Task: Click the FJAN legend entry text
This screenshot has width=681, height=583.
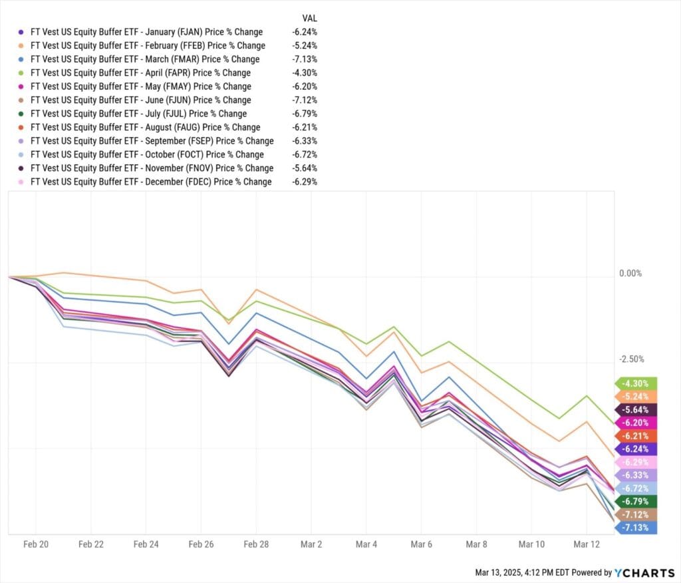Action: tap(146, 32)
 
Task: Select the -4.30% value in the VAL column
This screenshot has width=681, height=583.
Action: tap(304, 73)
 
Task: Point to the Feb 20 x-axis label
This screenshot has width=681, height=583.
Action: tap(36, 544)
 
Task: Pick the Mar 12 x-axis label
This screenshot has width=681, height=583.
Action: tap(586, 544)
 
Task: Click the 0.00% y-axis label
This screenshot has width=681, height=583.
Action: tap(630, 274)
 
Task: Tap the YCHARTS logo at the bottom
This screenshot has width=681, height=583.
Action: tap(645, 572)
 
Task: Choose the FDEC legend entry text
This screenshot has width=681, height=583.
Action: tap(151, 182)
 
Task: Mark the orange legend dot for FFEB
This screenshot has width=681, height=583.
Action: tap(22, 46)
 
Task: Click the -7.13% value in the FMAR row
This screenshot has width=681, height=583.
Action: tap(304, 59)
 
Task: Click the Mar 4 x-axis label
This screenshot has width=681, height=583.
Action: tap(366, 544)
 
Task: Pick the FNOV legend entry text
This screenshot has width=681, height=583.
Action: tap(152, 168)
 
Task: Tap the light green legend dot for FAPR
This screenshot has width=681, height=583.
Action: tap(22, 73)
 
